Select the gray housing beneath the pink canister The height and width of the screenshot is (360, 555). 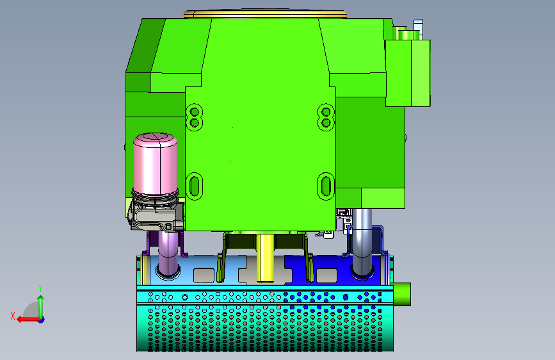tap(156, 215)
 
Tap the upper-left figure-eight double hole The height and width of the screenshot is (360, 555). tap(194, 117)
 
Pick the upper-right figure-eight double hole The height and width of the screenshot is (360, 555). tap(326, 117)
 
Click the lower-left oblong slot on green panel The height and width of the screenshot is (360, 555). tap(194, 186)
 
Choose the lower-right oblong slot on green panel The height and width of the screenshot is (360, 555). tap(326, 186)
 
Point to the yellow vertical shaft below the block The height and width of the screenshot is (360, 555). tap(265, 258)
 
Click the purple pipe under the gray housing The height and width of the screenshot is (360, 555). tap(168, 254)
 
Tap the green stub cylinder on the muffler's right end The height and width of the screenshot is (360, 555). tap(402, 294)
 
